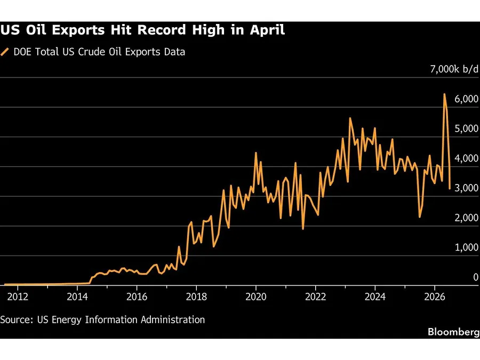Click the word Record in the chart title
(x=161, y=30)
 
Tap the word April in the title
(x=267, y=30)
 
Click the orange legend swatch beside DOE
(x=5, y=52)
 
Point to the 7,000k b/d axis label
(x=454, y=69)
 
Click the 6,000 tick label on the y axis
(x=466, y=99)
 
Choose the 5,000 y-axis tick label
(x=466, y=129)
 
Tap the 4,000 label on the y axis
(x=466, y=158)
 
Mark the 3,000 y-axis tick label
(x=466, y=188)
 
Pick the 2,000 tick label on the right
(x=466, y=218)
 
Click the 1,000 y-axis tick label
(x=466, y=247)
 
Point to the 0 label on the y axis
(x=476, y=277)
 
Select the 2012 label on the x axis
(x=18, y=297)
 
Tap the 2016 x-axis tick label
(x=137, y=297)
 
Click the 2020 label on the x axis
(x=256, y=297)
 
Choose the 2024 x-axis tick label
(x=375, y=297)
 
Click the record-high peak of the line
(x=444, y=94)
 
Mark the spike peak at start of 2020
(x=256, y=153)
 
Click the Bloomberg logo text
(x=454, y=332)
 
